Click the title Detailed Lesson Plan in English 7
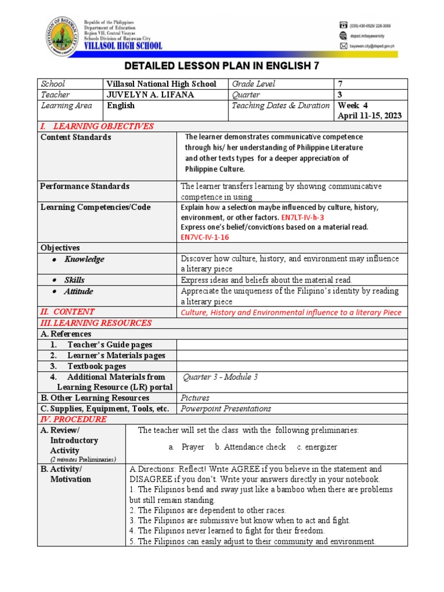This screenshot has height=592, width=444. tap(222, 66)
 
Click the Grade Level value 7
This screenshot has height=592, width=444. tap(340, 84)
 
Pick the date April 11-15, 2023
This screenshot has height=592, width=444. tap(369, 116)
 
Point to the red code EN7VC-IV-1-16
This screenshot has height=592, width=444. tap(208, 237)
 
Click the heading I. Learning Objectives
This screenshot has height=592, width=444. tap(97, 127)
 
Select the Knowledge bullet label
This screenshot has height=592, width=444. tap(84, 259)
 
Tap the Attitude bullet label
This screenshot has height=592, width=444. tap(79, 291)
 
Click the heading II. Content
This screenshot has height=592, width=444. tap(68, 312)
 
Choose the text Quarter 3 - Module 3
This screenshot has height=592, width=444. tap(220, 377)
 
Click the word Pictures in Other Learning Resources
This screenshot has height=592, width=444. tap(195, 398)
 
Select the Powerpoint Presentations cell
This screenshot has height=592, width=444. tap(226, 409)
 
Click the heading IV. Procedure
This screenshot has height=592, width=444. tap(73, 419)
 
